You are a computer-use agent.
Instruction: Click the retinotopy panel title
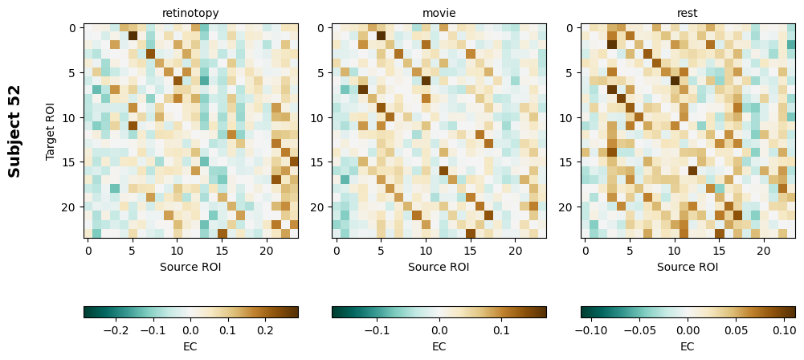point(190,13)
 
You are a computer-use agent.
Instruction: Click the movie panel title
point(439,13)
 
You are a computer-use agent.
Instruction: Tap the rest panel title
point(688,13)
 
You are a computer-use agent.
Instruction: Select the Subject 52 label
point(14,131)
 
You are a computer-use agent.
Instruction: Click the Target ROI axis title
point(51,131)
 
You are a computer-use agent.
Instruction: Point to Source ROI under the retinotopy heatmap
point(190,267)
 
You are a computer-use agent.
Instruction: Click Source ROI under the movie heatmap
point(439,267)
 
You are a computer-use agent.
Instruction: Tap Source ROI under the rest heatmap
point(688,267)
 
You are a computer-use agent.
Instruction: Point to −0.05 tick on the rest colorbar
point(640,329)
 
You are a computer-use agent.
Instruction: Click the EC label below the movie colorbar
point(439,346)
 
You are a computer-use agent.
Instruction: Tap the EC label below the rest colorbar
point(688,346)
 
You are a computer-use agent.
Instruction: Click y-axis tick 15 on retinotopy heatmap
point(71,162)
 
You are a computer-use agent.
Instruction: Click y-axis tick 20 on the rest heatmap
point(569,207)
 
